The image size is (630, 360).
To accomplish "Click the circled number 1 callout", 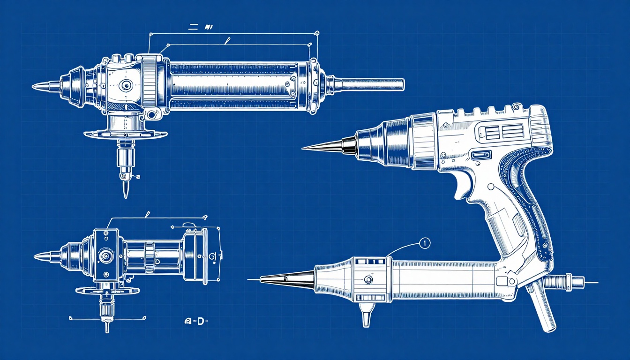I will (x=424, y=243).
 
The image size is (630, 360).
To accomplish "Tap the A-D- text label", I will (x=196, y=322).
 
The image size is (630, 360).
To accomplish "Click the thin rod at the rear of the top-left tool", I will (x=370, y=85).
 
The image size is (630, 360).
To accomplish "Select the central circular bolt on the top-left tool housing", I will (x=125, y=85).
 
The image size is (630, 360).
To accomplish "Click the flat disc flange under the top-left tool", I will (x=126, y=135).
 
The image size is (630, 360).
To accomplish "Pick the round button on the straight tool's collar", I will (x=368, y=280).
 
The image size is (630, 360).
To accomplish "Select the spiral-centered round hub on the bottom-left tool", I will (x=105, y=256).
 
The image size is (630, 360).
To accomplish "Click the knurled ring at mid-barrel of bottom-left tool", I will (x=149, y=257).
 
